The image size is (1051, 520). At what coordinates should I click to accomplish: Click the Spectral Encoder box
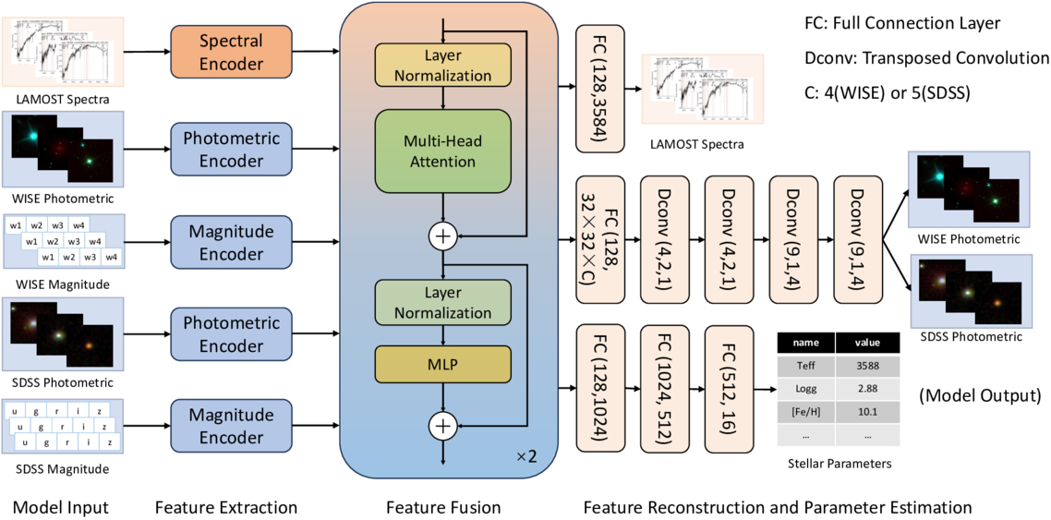click(x=231, y=52)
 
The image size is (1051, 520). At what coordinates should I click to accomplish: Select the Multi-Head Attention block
click(x=443, y=151)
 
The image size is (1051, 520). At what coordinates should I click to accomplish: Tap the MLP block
click(x=443, y=365)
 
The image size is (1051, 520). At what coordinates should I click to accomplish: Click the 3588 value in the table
click(x=866, y=365)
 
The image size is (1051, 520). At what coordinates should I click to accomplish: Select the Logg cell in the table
click(x=805, y=388)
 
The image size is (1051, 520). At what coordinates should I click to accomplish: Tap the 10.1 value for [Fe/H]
click(x=866, y=411)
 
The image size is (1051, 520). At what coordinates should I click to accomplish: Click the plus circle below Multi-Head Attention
click(x=443, y=236)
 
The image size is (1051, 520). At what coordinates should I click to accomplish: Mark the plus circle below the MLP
click(x=443, y=425)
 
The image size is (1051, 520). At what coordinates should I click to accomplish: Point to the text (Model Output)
click(x=980, y=396)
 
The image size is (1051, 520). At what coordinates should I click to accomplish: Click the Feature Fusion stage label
click(x=443, y=507)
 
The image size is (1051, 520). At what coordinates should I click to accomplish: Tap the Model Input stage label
click(x=61, y=507)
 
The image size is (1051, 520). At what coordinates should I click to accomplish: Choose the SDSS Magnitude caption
click(x=61, y=469)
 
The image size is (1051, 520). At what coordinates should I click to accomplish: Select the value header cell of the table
click(x=866, y=342)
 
